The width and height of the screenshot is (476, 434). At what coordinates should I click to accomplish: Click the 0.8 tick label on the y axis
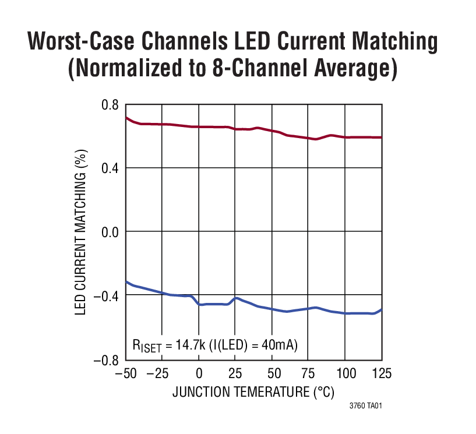110,105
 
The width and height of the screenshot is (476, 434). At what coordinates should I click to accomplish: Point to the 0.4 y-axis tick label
110,168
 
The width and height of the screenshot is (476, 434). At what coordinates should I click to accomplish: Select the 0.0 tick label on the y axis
110,232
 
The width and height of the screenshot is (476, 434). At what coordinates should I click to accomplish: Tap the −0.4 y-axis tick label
107,296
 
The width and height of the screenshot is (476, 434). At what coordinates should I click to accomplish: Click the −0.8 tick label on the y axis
107,360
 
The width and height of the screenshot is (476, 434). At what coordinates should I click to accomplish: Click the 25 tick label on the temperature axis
236,373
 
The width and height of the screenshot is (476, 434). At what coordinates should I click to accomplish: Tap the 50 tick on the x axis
272,373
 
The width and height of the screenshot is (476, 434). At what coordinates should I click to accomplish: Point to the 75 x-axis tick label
309,373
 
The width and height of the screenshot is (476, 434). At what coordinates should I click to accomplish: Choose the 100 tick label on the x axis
345,373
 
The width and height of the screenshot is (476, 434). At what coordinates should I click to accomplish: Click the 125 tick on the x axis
382,373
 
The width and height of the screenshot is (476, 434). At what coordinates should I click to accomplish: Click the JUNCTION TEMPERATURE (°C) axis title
253,392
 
